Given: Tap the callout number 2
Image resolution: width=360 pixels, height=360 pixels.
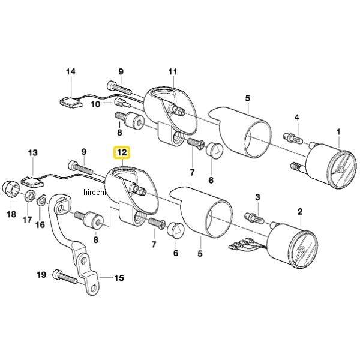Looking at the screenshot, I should pyautogui.click(x=300, y=211).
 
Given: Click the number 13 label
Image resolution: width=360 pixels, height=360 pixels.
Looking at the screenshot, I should pyautogui.click(x=32, y=154).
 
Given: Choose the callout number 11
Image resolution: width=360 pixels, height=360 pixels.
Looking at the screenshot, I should pyautogui.click(x=173, y=73).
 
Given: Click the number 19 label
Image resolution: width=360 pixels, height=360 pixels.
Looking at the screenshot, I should pyautogui.click(x=41, y=275).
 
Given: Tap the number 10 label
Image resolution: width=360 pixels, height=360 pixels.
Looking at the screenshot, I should pyautogui.click(x=95, y=104).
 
